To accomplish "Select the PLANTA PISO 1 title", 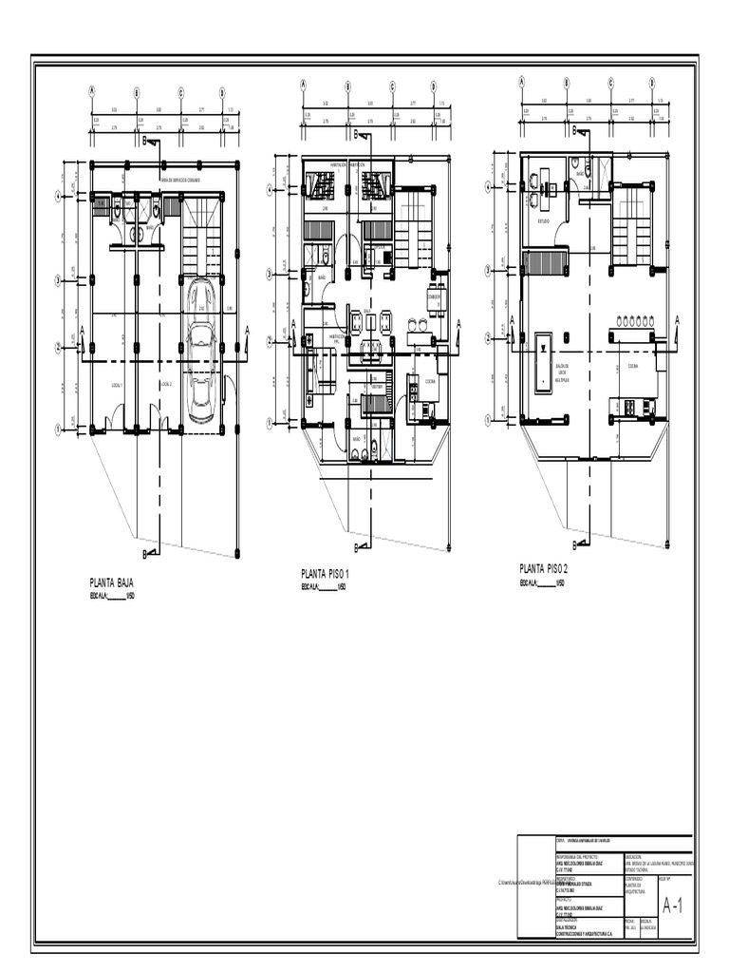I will [x=326, y=574].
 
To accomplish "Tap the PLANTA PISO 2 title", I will [x=543, y=568].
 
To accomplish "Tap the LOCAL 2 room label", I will [x=165, y=385].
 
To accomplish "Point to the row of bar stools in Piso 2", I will [x=638, y=321].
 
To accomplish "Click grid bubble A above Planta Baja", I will [x=92, y=92].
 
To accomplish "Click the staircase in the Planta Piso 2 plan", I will [x=629, y=223].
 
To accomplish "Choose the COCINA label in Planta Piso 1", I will [x=429, y=381].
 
